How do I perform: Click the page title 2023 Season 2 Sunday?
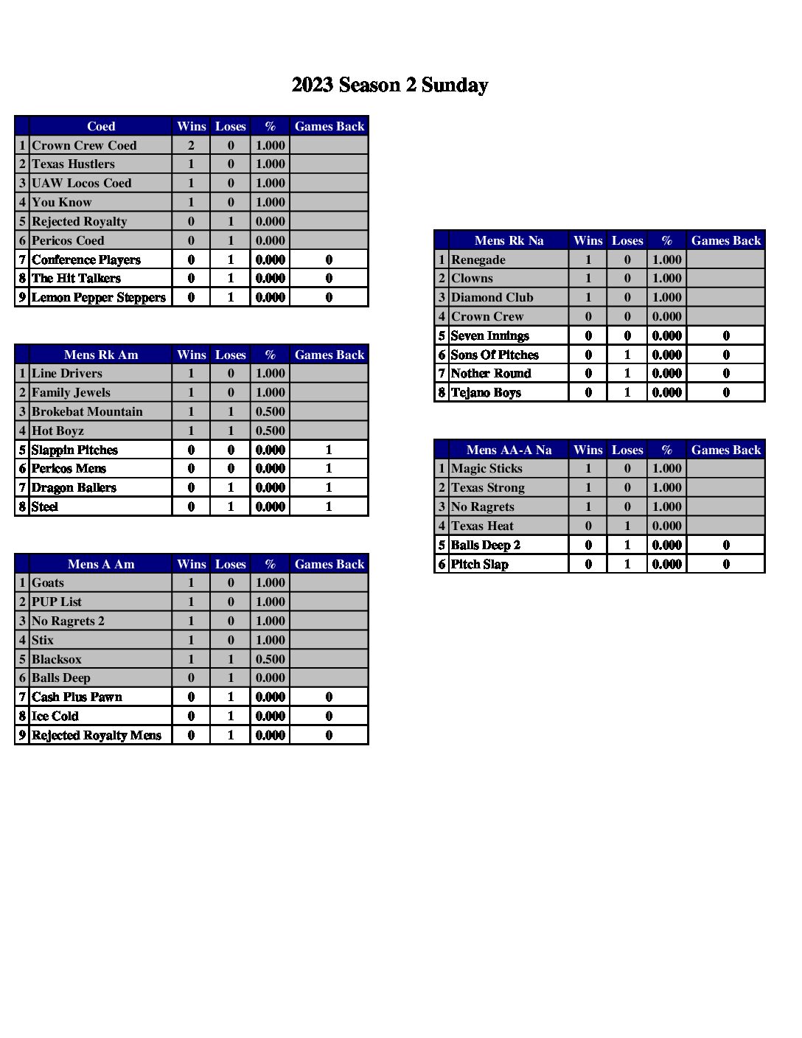click(389, 86)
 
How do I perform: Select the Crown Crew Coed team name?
click(84, 145)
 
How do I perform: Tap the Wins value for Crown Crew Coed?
click(191, 145)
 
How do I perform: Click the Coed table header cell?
click(101, 126)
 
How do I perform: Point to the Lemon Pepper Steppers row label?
click(99, 297)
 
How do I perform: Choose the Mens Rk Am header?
click(101, 355)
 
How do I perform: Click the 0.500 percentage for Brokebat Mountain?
click(270, 411)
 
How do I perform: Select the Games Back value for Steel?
click(329, 506)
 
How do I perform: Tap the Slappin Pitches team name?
click(74, 450)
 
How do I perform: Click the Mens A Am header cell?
click(101, 564)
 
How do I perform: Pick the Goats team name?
click(48, 582)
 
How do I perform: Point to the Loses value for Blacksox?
click(231, 659)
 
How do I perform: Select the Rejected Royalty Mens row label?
click(97, 735)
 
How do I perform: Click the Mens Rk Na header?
click(509, 240)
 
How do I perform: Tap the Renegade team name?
click(478, 259)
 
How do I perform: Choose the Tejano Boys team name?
click(486, 392)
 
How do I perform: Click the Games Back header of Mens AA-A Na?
click(725, 450)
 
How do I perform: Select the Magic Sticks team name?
click(487, 468)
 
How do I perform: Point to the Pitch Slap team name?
click(479, 564)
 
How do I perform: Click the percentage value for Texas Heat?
click(666, 526)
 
